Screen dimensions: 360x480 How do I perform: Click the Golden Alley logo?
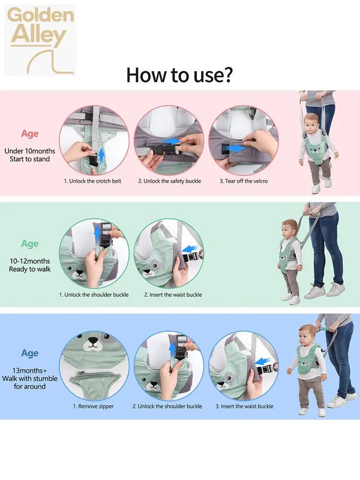[41, 41]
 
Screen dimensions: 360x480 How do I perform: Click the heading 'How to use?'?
[180, 75]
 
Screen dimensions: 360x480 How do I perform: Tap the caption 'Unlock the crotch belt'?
[93, 181]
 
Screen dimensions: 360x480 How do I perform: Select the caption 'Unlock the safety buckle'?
[169, 181]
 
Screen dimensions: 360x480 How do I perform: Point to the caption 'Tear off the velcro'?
[243, 181]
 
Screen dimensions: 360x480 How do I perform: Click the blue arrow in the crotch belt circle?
[102, 153]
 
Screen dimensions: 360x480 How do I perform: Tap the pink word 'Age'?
[30, 134]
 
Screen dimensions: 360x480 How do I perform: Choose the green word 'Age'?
[30, 244]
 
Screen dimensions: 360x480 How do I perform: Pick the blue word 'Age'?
[30, 353]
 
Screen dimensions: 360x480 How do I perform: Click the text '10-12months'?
[30, 261]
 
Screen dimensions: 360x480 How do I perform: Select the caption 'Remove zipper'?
[93, 406]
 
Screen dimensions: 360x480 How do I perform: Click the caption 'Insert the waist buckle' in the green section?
[173, 295]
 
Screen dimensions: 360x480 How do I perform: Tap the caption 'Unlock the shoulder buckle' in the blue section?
[167, 406]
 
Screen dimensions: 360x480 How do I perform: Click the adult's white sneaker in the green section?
[315, 292]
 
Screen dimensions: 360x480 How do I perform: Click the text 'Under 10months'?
[30, 151]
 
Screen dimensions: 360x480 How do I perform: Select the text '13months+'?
[29, 371]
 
